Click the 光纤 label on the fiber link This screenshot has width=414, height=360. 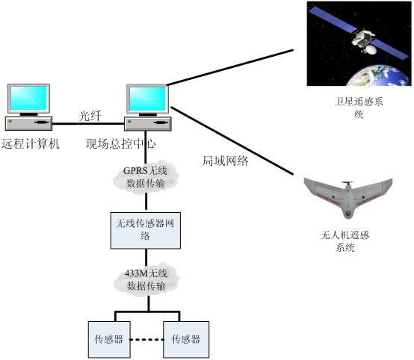click(90, 116)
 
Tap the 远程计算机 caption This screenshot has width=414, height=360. click(31, 144)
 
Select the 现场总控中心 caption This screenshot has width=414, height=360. click(120, 144)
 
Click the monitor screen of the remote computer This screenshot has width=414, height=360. click(29, 99)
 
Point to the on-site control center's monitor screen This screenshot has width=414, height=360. click(148, 99)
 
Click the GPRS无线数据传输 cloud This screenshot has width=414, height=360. click(146, 177)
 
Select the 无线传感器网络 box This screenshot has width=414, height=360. click(146, 230)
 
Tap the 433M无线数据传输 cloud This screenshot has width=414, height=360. click(146, 279)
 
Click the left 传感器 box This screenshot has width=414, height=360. click(109, 339)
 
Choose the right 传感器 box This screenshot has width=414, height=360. click(186, 339)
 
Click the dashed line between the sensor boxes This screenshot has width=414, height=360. click(146, 339)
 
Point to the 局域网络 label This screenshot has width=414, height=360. click(225, 161)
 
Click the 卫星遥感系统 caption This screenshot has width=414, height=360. click(359, 108)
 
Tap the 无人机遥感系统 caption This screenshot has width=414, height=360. click(345, 241)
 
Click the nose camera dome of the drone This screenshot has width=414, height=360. click(348, 214)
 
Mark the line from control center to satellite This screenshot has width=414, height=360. click(230, 67)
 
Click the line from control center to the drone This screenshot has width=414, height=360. click(232, 140)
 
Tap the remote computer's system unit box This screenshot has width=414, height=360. click(29, 123)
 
